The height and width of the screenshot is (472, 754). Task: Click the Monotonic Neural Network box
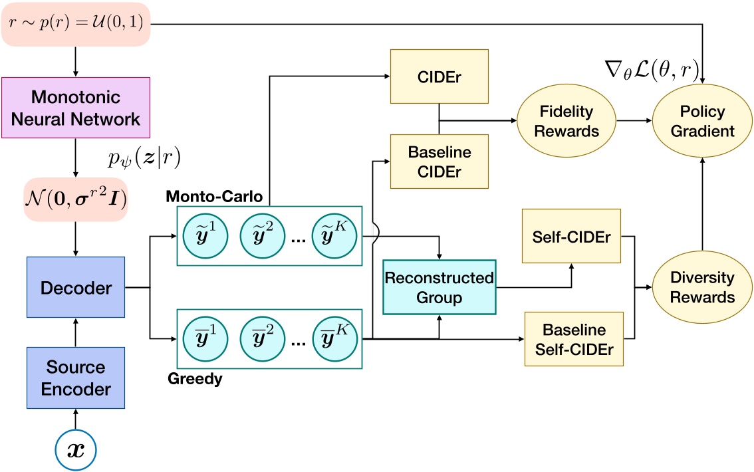tap(76, 108)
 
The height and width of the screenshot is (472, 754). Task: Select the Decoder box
tap(76, 289)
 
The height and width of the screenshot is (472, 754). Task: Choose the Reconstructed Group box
tap(440, 287)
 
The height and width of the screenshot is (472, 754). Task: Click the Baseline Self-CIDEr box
tap(574, 338)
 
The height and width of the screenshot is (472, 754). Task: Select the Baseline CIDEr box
tap(439, 160)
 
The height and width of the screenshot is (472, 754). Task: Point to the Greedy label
tap(196, 380)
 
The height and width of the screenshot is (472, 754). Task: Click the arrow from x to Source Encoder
tap(76, 420)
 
